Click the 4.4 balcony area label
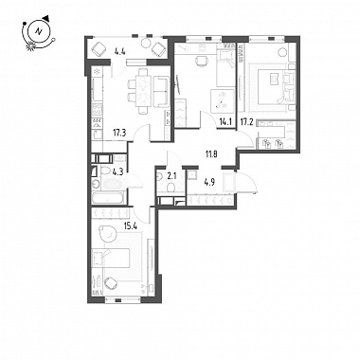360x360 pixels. (120, 52)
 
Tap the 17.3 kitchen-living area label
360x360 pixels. (119, 133)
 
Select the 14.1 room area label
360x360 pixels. (225, 121)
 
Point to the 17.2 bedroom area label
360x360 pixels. (246, 121)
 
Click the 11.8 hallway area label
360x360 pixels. (211, 154)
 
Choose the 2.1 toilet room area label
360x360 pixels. (171, 175)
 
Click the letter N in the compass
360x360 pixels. (39, 31)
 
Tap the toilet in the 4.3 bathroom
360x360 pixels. (103, 171)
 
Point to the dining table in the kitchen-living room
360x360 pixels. (144, 91)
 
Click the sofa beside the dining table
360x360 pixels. (161, 92)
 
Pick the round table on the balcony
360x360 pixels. (147, 43)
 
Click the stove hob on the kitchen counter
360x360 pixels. (98, 110)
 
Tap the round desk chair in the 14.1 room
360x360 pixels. (201, 61)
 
